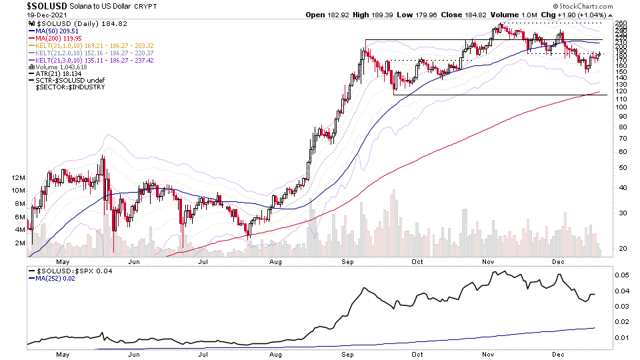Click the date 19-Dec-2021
[47, 15]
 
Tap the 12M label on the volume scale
[17, 178]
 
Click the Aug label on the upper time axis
[275, 262]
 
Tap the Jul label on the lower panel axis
[203, 355]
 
